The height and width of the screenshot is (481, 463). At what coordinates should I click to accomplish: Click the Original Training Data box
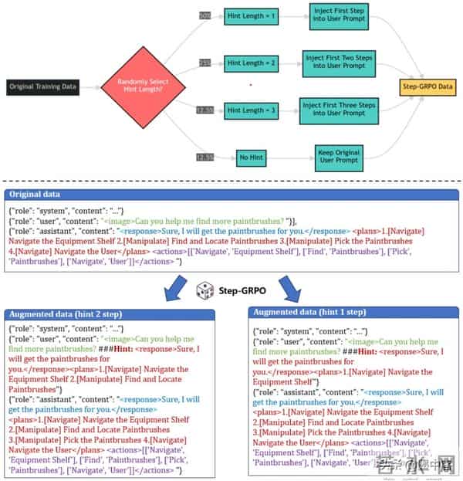[43, 86]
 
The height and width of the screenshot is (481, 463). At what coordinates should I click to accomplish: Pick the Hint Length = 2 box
[250, 63]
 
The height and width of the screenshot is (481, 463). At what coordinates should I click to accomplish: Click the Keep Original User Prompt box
[337, 158]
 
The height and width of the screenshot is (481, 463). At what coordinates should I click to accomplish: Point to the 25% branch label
[204, 63]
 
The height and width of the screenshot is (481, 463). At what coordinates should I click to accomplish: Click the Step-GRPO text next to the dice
[242, 287]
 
